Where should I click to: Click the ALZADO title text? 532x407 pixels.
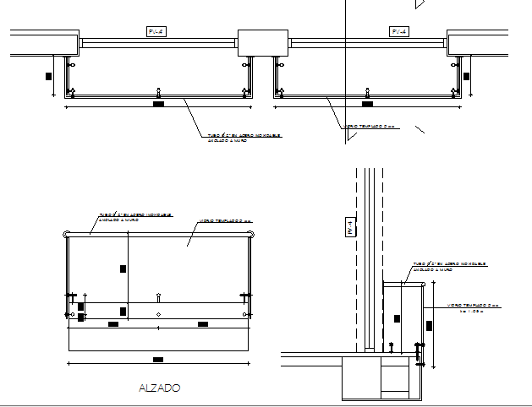pyautogui.click(x=159, y=388)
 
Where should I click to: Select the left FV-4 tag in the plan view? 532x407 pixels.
pyautogui.click(x=156, y=32)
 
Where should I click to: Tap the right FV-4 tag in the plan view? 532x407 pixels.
pyautogui.click(x=399, y=32)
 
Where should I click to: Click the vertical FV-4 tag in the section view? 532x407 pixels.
pyautogui.click(x=349, y=226)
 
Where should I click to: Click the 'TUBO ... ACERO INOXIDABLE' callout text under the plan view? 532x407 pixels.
pyautogui.click(x=244, y=137)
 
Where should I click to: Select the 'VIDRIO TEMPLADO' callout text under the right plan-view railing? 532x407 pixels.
pyautogui.click(x=370, y=127)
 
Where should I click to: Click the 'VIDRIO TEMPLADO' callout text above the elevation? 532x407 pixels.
pyautogui.click(x=227, y=221)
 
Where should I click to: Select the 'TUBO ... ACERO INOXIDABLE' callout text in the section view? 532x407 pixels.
pyautogui.click(x=448, y=265)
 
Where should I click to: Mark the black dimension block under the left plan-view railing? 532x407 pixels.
pyautogui.click(x=158, y=105)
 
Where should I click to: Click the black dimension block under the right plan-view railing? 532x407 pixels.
pyautogui.click(x=366, y=105)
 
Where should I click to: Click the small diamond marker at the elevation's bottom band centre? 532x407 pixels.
pyautogui.click(x=158, y=315)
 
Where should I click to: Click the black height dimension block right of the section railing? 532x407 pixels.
pyautogui.click(x=430, y=325)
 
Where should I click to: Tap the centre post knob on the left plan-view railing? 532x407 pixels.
pyautogui.click(x=158, y=90)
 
